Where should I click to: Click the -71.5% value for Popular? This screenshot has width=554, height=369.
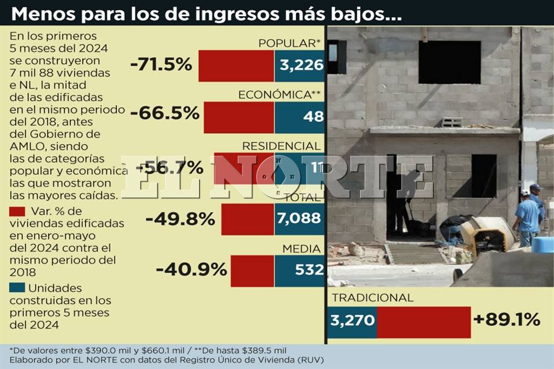(161, 64)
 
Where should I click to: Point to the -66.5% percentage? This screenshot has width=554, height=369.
(164, 113)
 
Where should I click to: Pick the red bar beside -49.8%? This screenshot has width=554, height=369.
(248, 219)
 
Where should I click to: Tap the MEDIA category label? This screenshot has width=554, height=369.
(301, 248)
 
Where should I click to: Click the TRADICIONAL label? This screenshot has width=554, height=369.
(372, 298)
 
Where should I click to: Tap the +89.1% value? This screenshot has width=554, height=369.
(506, 320)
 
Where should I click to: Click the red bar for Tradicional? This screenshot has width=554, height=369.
(424, 322)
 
